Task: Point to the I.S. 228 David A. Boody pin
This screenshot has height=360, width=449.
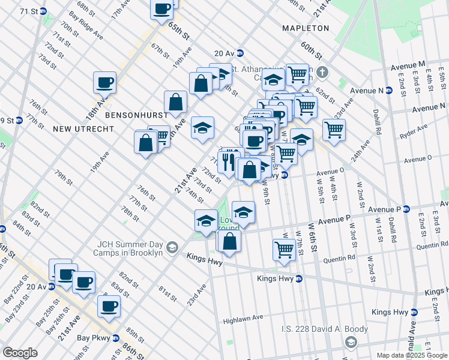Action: click(x=352, y=341)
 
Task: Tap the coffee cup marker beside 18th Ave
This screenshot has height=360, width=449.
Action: click(x=104, y=83)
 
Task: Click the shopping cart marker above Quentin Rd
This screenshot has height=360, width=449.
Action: click(x=284, y=249)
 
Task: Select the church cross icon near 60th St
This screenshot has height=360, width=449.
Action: click(x=322, y=73)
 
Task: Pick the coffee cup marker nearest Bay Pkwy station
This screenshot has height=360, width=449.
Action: click(x=109, y=307)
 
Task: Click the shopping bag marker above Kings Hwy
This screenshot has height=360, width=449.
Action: click(x=229, y=241)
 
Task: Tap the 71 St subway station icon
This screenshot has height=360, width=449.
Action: click(x=43, y=11)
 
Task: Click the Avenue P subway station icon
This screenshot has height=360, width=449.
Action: click(x=405, y=209)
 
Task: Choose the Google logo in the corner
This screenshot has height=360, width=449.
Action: click(x=20, y=352)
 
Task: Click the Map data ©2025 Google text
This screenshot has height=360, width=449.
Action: click(x=411, y=355)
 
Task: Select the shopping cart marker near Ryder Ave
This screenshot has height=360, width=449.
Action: click(x=333, y=130)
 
